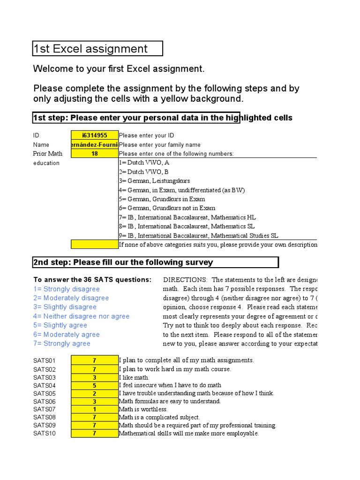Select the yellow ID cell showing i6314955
click(95, 135)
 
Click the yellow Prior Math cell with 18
click(95, 154)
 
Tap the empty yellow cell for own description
click(95, 244)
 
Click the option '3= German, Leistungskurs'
click(155, 181)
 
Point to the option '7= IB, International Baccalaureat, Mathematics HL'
click(187, 217)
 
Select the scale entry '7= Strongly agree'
click(62, 344)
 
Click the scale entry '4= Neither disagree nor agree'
click(81, 316)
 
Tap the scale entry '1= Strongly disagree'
click(67, 289)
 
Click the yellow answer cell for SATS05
click(95, 393)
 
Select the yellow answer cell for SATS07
click(95, 409)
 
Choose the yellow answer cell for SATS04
click(95, 385)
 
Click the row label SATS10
click(45, 434)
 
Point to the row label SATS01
click(45, 360)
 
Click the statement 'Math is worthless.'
click(143, 409)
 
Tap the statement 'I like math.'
click(134, 377)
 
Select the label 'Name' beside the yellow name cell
click(41, 145)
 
